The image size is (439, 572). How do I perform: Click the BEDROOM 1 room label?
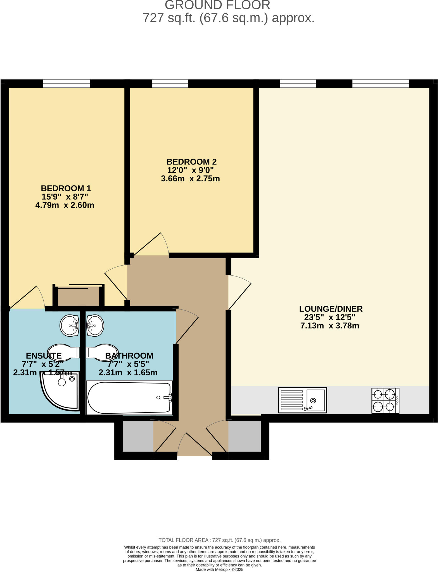click(x=66, y=188)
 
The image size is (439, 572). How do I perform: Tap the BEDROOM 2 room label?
click(x=191, y=162)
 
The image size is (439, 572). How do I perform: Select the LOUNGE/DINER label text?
click(x=331, y=309)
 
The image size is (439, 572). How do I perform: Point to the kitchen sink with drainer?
click(x=302, y=400)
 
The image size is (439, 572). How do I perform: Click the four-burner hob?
click(x=385, y=401)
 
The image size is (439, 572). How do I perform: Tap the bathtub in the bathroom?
click(x=129, y=398)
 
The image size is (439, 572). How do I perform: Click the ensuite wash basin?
click(x=70, y=325)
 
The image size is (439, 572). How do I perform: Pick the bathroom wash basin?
click(x=95, y=325)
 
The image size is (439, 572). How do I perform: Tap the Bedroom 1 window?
click(x=66, y=84)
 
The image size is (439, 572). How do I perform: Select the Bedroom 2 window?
click(x=170, y=84)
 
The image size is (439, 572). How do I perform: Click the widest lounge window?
click(x=380, y=84)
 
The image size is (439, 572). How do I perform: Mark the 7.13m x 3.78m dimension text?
click(x=330, y=326)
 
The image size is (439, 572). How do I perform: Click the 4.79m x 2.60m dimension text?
click(x=65, y=205)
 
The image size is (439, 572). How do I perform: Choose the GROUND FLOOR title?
click(x=217, y=5)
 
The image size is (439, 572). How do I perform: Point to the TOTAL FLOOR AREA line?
click(x=219, y=540)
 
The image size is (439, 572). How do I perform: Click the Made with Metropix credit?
click(x=219, y=569)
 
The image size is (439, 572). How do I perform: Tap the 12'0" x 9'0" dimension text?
click(x=190, y=170)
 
